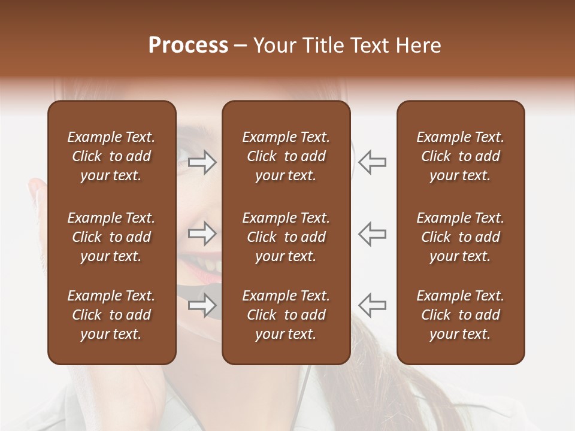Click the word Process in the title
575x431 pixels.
(x=188, y=45)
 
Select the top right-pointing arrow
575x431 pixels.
(x=202, y=162)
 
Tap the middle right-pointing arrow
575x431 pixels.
(x=202, y=233)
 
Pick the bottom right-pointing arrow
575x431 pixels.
(x=202, y=305)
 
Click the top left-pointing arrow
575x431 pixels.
(x=372, y=162)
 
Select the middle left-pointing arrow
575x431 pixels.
(x=372, y=233)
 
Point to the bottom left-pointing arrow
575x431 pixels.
(x=372, y=305)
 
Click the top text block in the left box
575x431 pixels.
(x=111, y=156)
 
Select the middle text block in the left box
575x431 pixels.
(x=111, y=237)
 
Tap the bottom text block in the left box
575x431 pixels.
(x=111, y=315)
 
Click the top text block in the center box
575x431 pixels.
(x=286, y=156)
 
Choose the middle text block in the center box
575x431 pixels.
(x=286, y=237)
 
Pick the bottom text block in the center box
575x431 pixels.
(x=286, y=315)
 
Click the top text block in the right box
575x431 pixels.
(x=460, y=156)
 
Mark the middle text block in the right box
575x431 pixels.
(x=460, y=237)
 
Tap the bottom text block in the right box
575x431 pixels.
(x=460, y=315)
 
